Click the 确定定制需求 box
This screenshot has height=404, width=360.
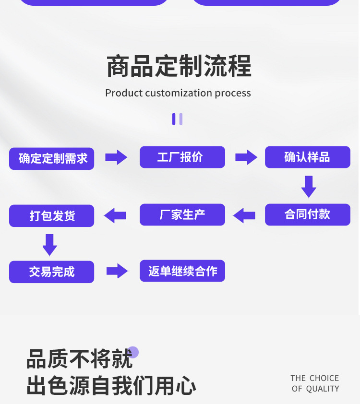coord(52,158)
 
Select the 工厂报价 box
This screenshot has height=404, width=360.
coord(182,157)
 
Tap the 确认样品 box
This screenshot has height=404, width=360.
coord(307,157)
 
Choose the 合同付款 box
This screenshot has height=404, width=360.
coord(307,214)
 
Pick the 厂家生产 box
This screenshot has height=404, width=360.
coord(182,214)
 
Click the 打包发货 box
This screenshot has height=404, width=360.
coord(52,215)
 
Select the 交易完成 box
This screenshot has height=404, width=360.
coord(52,272)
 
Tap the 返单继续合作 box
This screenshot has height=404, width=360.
coord(182,271)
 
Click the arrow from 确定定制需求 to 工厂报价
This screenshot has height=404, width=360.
coord(116,157)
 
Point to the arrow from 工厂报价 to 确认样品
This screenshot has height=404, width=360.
coord(246,157)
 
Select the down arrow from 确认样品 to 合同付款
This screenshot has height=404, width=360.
coord(309,186)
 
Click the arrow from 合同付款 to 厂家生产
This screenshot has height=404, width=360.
coord(244,215)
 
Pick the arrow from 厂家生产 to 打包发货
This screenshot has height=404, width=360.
coord(115,215)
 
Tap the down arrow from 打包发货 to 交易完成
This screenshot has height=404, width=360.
coord(50,244)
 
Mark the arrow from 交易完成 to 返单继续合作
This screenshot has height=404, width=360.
coord(117,271)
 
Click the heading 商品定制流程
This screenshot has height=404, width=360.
coord(179,67)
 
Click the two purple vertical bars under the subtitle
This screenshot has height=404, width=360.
coord(177,119)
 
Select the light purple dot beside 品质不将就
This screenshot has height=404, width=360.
coord(133,352)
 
